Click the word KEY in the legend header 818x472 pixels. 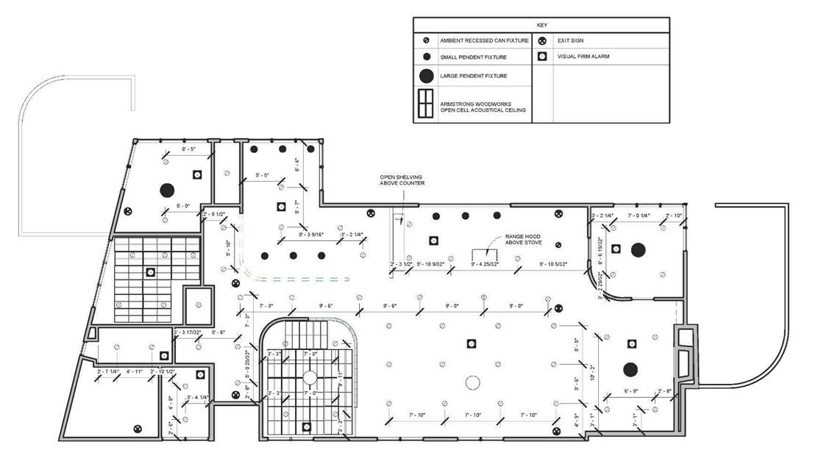click(541, 25)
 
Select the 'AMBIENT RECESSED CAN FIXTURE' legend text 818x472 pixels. click(484, 40)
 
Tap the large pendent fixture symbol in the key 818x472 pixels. click(426, 76)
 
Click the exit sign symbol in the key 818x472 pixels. click(541, 40)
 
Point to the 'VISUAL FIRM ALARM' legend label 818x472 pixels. click(583, 57)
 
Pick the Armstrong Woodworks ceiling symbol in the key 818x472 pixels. click(426, 104)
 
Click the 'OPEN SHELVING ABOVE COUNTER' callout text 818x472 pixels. click(402, 180)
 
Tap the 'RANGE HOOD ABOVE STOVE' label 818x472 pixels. click(522, 240)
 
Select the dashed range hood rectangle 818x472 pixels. click(486, 254)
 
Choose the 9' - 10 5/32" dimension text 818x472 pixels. click(558, 263)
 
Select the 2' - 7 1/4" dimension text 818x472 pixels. click(109, 371)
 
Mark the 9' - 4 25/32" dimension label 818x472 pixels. click(486, 263)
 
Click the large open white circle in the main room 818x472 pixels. click(472, 382)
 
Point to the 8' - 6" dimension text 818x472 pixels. click(390, 305)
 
